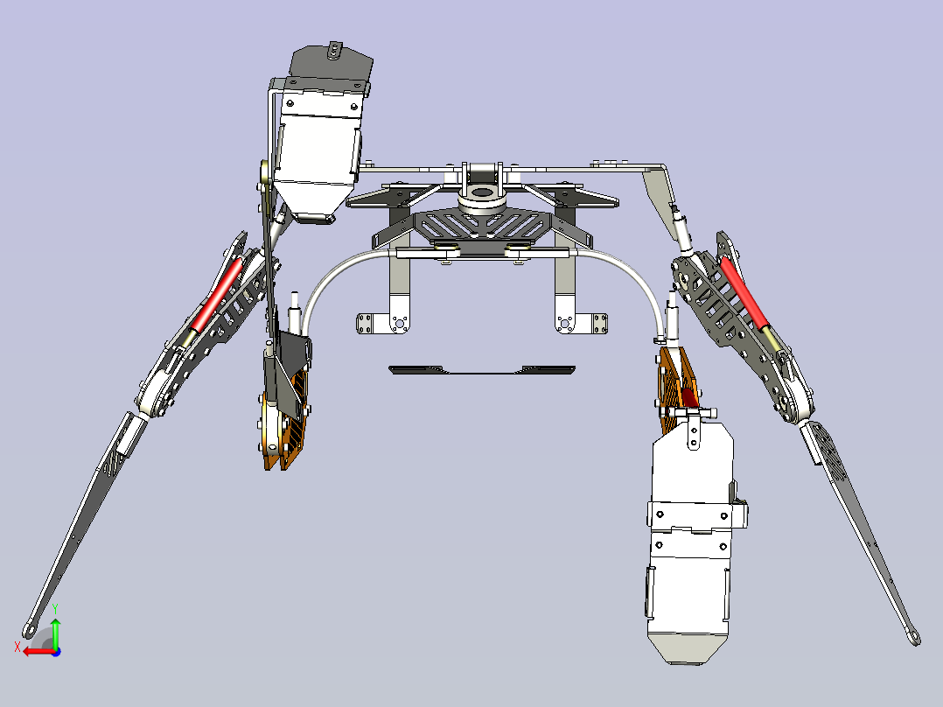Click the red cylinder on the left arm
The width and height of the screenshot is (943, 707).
(x=217, y=294)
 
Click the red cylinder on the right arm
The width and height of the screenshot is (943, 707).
(x=744, y=293)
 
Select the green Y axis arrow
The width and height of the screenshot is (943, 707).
(x=55, y=626)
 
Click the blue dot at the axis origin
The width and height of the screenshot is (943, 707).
(x=56, y=652)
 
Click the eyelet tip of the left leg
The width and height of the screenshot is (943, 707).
(x=29, y=631)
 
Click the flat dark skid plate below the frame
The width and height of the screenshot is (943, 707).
(x=482, y=369)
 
